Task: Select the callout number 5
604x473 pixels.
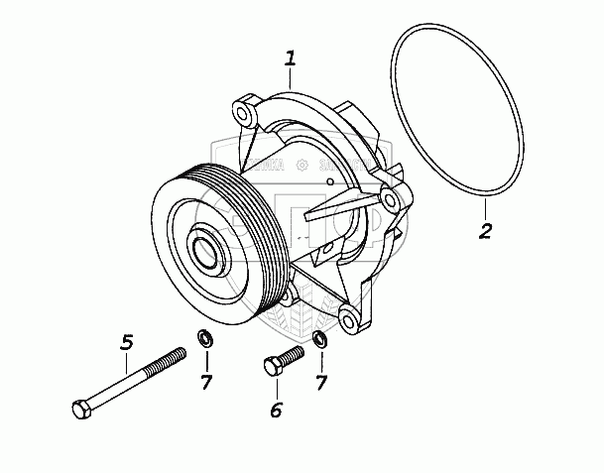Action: tap(126, 342)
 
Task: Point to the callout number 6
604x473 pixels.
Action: tap(277, 409)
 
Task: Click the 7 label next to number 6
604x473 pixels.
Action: tap(321, 382)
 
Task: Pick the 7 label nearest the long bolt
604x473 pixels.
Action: tap(205, 382)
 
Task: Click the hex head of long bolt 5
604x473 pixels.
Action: tap(81, 408)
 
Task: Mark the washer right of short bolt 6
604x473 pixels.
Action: tap(319, 341)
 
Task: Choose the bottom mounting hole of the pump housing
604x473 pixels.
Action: tap(348, 319)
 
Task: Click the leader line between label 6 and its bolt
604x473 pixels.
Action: tap(277, 387)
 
